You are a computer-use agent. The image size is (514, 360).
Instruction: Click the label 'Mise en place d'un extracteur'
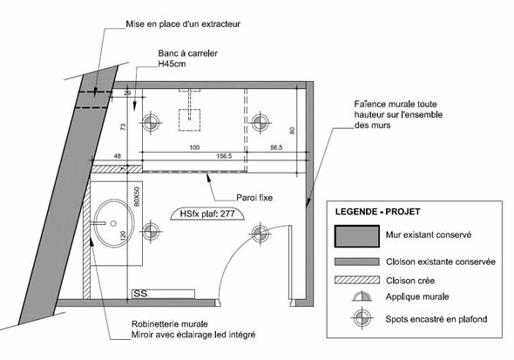[183, 24]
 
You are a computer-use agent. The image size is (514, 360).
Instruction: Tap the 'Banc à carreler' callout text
[187, 53]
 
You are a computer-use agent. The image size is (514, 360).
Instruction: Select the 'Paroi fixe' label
[254, 198]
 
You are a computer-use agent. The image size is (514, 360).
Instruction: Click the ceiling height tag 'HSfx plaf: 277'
[207, 214]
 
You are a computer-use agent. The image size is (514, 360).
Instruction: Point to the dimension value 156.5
[224, 156]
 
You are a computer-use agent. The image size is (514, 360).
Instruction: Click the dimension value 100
[195, 147]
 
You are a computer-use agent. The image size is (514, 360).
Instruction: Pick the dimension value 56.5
[276, 147]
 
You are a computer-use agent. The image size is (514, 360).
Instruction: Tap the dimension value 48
[117, 156]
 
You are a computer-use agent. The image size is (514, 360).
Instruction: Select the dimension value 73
[123, 127]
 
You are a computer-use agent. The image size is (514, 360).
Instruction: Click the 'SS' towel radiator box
[163, 294]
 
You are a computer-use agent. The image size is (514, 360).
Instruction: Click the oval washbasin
[114, 223]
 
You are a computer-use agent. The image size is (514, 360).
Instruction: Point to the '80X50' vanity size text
[137, 197]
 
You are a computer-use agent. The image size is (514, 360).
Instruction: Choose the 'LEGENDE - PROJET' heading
[377, 212]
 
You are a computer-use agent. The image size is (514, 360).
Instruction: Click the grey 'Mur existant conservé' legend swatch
[357, 236]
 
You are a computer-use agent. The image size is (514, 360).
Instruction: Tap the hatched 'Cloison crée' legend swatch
[357, 280]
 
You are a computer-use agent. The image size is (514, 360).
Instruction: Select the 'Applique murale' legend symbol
[362, 296]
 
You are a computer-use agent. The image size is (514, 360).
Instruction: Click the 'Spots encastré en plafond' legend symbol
[362, 318]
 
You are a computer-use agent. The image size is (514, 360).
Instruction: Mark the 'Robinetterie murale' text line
[170, 324]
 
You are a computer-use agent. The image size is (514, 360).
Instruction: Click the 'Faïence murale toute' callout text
[396, 105]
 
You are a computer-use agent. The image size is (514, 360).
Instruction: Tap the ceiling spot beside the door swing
[260, 234]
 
